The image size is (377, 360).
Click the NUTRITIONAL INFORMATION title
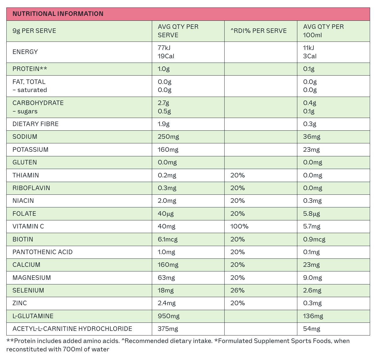58,14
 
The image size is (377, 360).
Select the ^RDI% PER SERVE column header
258,31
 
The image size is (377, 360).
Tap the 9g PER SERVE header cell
34,31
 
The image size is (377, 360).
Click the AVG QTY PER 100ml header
323,31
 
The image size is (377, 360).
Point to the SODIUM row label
25,137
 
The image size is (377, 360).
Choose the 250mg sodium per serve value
168,137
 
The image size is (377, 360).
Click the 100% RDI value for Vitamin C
239,226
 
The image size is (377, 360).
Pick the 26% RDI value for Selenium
238,290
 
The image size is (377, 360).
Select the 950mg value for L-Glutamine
169,316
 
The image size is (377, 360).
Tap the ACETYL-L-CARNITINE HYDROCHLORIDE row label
72,329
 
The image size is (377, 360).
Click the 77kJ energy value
164,48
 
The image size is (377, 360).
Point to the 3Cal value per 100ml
310,56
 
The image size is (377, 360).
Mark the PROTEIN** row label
30,69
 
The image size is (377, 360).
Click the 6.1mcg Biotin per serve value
168,239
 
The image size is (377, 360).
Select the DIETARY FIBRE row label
36,124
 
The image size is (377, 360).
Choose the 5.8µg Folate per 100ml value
311,214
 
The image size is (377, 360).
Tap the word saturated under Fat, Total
32,90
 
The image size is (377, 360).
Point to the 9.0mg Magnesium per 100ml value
313,278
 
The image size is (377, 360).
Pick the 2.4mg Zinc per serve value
167,303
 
